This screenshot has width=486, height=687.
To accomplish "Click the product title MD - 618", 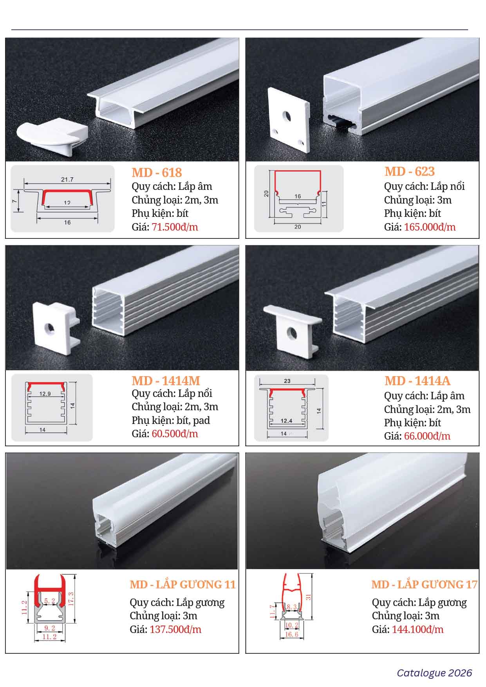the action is [x=157, y=172].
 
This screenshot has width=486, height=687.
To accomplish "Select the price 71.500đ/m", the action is [x=175, y=227].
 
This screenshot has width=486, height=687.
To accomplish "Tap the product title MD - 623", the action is [x=410, y=171].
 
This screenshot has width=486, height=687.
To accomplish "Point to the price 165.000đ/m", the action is [x=430, y=227].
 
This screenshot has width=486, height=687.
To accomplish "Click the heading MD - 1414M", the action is [x=166, y=380].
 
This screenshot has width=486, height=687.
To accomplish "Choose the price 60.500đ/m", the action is [x=175, y=434].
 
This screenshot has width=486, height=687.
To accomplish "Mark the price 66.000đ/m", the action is [x=427, y=436].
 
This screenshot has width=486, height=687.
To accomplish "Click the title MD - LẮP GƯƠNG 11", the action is [x=183, y=584].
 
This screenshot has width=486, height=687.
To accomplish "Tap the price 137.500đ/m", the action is [x=175, y=629].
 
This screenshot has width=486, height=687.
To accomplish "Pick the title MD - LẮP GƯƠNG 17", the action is [x=425, y=584].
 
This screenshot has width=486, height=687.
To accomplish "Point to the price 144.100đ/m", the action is [x=417, y=629].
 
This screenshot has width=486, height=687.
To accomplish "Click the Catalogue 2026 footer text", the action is [x=435, y=673].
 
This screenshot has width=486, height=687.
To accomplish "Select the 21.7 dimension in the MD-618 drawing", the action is [x=67, y=180].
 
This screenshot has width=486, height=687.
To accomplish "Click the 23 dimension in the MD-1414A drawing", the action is [x=287, y=381].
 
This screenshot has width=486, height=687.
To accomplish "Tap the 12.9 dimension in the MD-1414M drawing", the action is [x=45, y=394].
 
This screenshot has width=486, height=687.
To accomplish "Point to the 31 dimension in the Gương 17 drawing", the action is [x=308, y=597].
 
